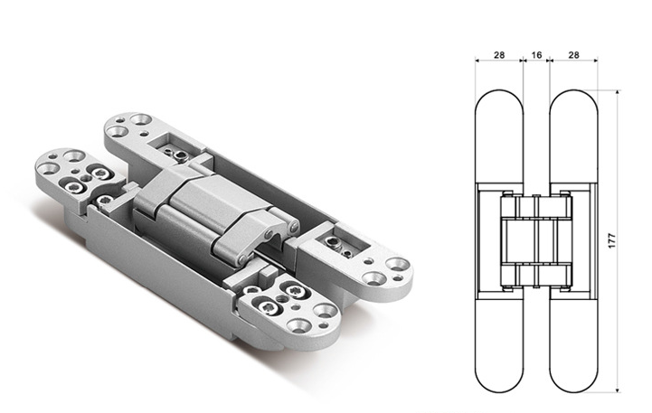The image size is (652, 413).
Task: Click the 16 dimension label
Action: [536, 55]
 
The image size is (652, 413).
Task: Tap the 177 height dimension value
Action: [611, 241]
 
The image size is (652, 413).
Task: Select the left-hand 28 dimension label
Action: [499, 55]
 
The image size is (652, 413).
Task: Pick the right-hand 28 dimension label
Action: [573, 55]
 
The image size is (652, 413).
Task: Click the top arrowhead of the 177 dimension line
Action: [617, 92]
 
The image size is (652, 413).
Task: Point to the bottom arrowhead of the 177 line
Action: [617, 390]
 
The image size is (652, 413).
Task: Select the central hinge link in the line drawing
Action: [536, 241]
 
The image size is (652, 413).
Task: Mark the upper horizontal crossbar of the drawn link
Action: [536, 217]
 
